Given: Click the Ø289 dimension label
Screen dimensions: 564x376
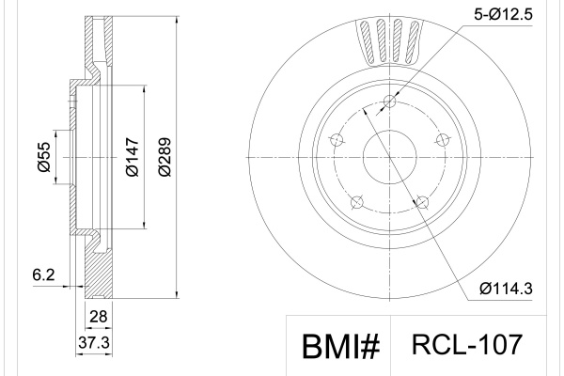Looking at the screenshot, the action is coord(164,157).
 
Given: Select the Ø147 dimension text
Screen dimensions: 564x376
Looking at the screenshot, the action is coord(133,157).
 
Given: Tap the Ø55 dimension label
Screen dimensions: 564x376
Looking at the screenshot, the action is coord(44,157).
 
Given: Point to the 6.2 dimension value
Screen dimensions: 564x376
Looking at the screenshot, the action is coord(43,274).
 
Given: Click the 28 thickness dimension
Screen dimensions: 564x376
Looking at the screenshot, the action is coord(98,317).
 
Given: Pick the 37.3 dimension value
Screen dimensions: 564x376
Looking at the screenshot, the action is coord(94,342).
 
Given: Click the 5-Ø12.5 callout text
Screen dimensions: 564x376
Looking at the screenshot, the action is coord(503,15).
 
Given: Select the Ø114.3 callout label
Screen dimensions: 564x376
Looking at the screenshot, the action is coord(506,289).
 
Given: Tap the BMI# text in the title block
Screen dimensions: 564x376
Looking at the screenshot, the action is coord(340,347).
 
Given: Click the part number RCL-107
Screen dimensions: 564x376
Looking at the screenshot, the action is coord(466,344).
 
